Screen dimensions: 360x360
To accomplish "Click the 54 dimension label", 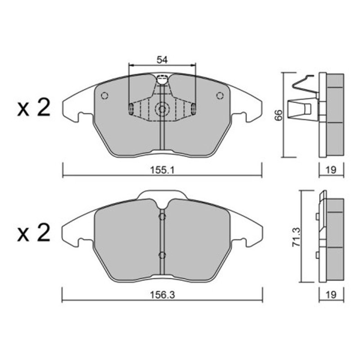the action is tap(162, 60).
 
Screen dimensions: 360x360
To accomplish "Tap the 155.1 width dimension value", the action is tap(162, 171).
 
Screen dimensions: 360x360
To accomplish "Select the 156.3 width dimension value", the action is tap(162, 295).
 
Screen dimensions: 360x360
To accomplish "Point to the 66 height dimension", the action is tap(278, 115).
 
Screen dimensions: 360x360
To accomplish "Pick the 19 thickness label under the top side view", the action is tap(331, 170).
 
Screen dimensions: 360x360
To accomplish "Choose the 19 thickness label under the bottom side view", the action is tap(331, 295).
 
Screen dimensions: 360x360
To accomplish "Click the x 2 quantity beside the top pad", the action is tap(34, 108).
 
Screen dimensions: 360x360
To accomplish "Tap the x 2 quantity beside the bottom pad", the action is tap(34, 233).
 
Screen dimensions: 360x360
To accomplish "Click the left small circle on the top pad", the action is tap(105, 95).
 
